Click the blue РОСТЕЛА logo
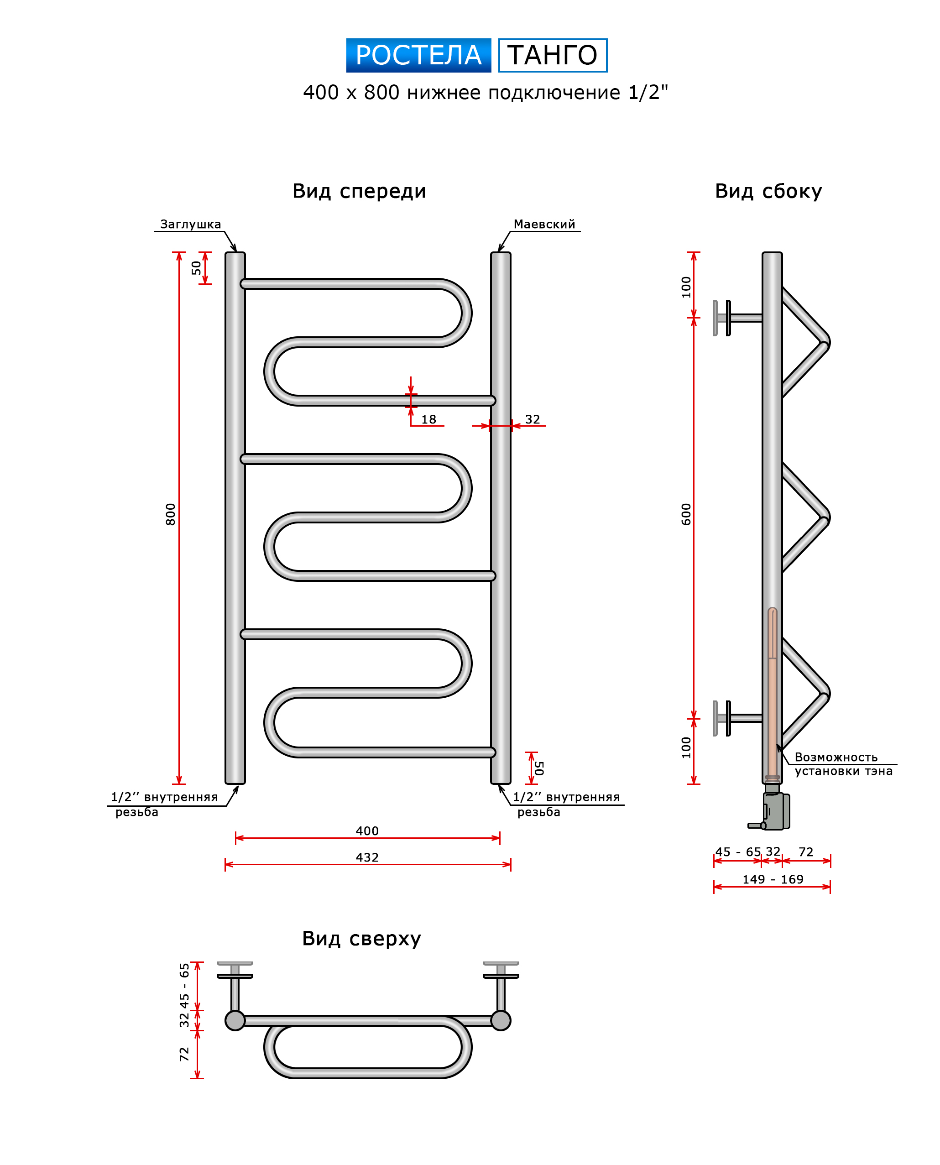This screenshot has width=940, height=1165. pyautogui.click(x=418, y=55)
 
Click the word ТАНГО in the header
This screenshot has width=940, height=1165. pyautogui.click(x=552, y=55)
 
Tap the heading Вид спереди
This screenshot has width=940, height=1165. pyautogui.click(x=359, y=191)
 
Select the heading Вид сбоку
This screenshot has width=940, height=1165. pyautogui.click(x=768, y=191)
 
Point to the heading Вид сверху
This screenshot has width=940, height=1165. pyautogui.click(x=361, y=938)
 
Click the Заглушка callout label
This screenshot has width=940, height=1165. pyautogui.click(x=190, y=224)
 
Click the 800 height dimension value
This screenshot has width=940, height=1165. pyautogui.click(x=171, y=514)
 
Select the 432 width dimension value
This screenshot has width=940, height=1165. pyautogui.click(x=367, y=857)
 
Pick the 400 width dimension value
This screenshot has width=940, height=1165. pyautogui.click(x=367, y=831)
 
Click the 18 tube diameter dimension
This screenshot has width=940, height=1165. pyautogui.click(x=428, y=419)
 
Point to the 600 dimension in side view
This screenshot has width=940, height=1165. pyautogui.click(x=686, y=514)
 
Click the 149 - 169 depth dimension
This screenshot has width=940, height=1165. pyautogui.click(x=773, y=880)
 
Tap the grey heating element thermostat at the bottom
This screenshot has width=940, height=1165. pyautogui.click(x=775, y=811)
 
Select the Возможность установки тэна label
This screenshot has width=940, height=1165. pyautogui.click(x=842, y=764)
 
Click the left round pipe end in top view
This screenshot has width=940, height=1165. pyautogui.click(x=235, y=1020)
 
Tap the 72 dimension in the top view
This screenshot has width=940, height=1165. pyautogui.click(x=184, y=1054)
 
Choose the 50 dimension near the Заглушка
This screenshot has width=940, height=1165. pyautogui.click(x=196, y=268)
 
